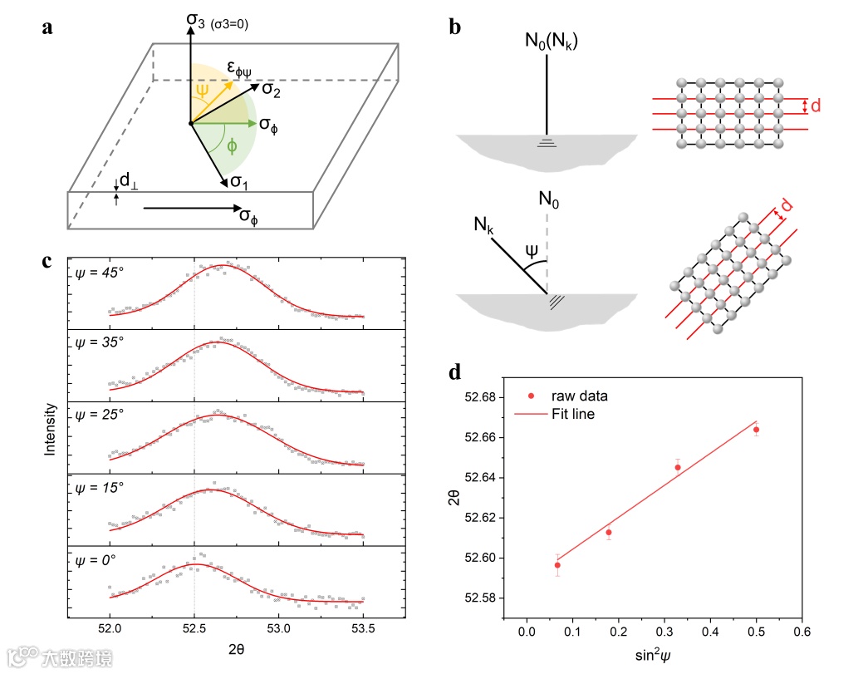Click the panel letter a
[48, 28]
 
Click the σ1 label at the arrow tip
[239, 182]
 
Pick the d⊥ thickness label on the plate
[128, 180]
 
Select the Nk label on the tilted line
[483, 225]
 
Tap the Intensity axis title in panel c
[50, 430]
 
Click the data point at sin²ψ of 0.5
[756, 430]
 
